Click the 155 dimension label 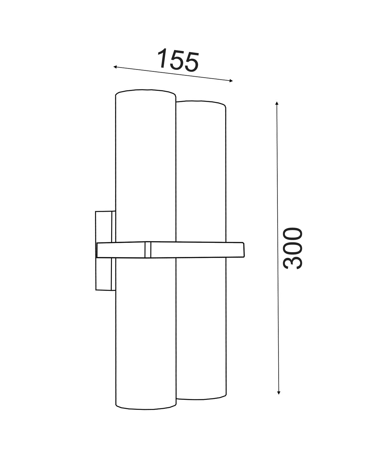[178, 60]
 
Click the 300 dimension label [292, 248]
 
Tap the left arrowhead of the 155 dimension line [115, 67]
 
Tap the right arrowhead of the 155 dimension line [231, 81]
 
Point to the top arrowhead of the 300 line [277, 103]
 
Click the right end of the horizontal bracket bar [244, 250]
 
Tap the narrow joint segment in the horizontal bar [148, 250]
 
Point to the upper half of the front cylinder [145, 164]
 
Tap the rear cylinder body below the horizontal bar [201, 327]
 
